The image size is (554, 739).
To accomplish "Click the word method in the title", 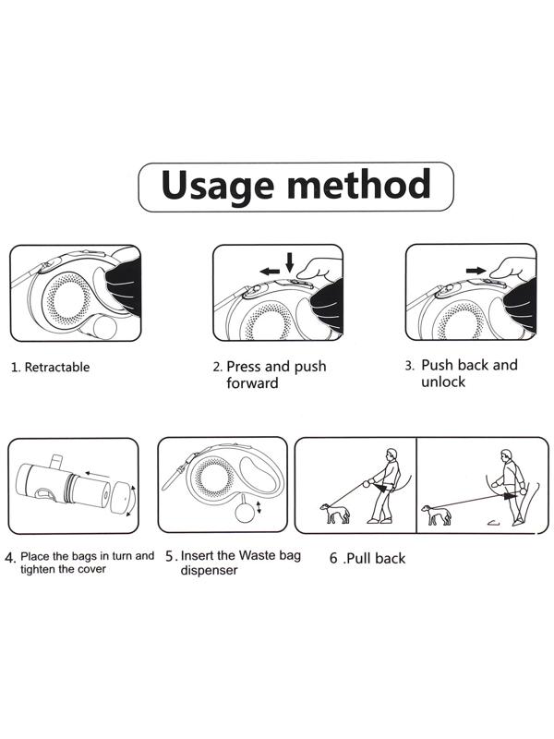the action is [x=359, y=184].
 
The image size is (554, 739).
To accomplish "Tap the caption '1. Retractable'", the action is [x=50, y=367].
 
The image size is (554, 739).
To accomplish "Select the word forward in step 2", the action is [x=252, y=382].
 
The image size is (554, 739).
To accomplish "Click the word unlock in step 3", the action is [x=443, y=382].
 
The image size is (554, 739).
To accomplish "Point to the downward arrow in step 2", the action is [x=290, y=262].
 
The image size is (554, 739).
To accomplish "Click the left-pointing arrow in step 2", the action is [x=270, y=272].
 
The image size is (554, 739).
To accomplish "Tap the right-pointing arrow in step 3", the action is [x=476, y=271].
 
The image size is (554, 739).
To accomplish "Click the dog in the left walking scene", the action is [x=335, y=514].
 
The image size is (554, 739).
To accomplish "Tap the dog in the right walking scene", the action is [x=436, y=515].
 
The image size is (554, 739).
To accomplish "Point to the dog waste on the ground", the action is [x=493, y=522].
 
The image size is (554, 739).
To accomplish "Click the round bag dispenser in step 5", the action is [x=245, y=513].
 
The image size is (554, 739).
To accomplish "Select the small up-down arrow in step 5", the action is [x=259, y=507].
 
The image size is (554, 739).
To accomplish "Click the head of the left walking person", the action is [x=391, y=454].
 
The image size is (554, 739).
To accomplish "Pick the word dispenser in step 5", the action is [x=210, y=570].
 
